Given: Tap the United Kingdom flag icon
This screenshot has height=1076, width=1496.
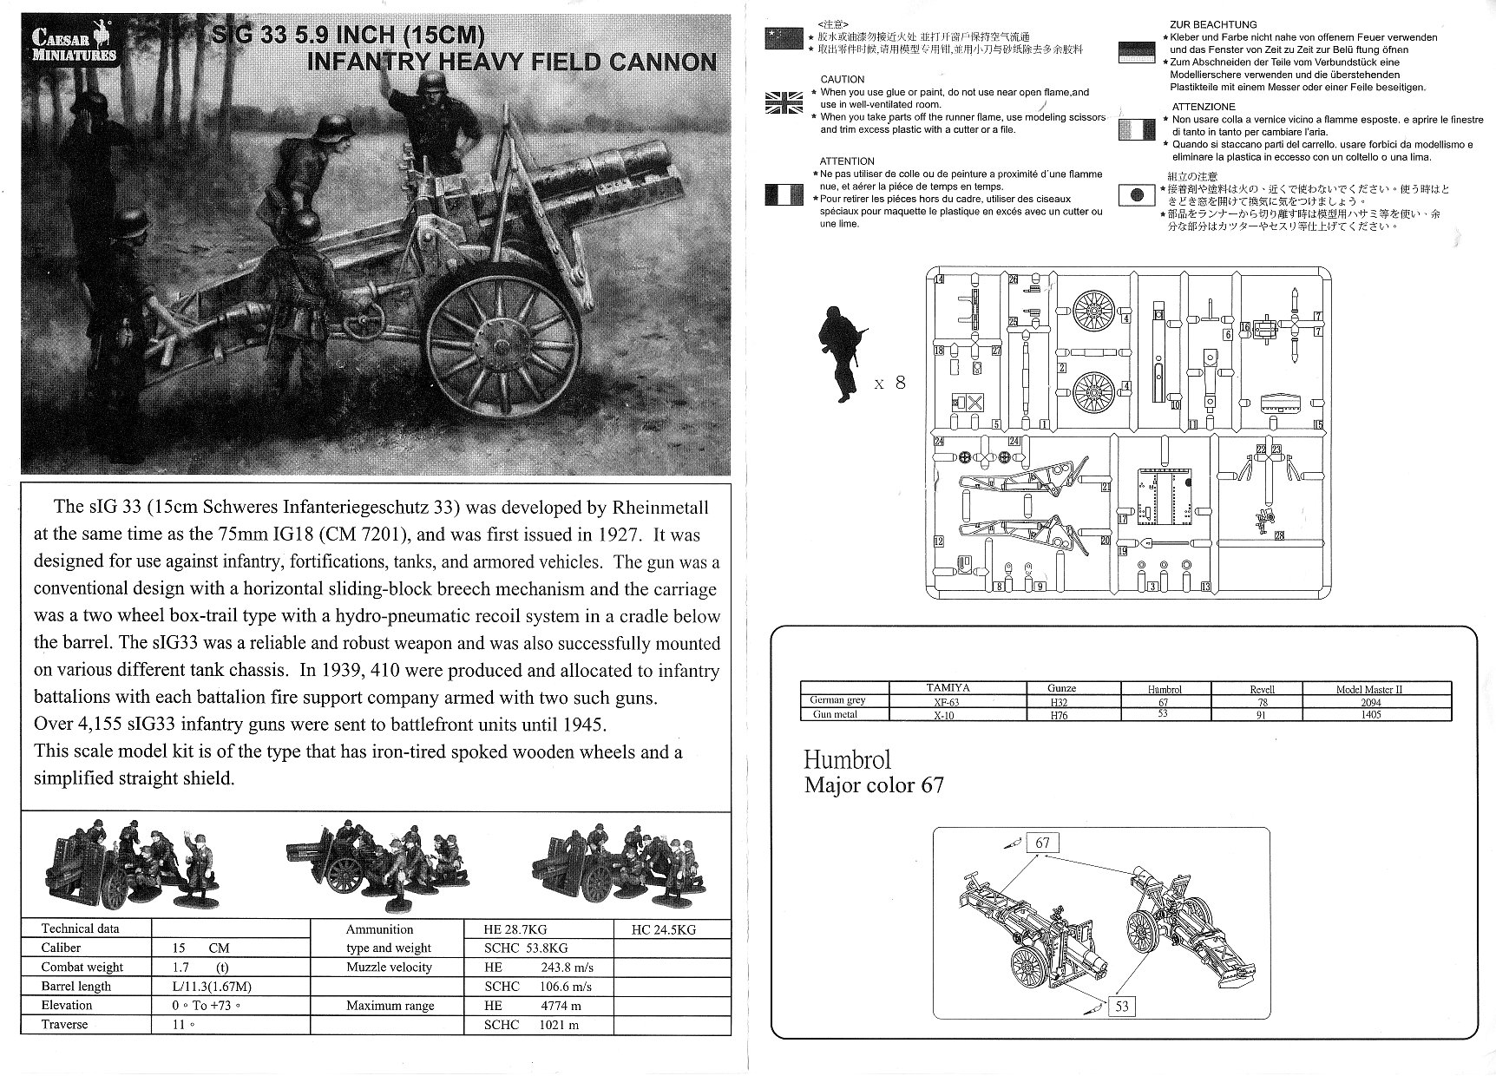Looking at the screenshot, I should tap(784, 102).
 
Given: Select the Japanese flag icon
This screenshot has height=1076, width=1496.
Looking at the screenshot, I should tap(1137, 195).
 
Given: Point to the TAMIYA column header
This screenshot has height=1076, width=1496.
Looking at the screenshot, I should tap(948, 688).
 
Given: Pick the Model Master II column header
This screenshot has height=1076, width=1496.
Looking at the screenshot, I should tap(1368, 689).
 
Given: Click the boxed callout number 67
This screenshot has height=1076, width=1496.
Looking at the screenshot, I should tap(1042, 843).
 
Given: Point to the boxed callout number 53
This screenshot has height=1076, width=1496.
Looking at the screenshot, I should tap(1122, 1006).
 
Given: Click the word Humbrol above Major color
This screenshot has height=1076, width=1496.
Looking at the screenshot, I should tap(847, 760).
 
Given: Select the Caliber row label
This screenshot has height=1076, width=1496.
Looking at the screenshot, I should tap(61, 948).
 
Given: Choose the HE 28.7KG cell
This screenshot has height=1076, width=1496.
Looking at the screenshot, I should tap(515, 928).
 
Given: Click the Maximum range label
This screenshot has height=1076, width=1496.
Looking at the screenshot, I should tap(390, 1006).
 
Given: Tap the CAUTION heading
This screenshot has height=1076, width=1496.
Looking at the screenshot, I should tap(842, 79).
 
